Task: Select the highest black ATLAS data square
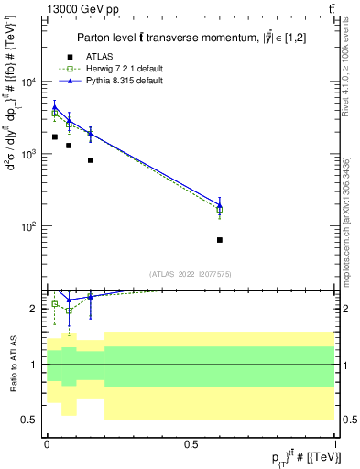coord(55,136)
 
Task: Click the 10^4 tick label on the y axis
coord(30,82)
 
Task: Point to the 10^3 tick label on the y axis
coord(30,154)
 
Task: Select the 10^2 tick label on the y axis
coord(30,226)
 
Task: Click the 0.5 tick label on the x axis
coord(191,442)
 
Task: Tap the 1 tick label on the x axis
coord(335,442)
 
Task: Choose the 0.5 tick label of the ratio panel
coord(31,420)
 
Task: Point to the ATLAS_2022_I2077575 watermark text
coord(191,273)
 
